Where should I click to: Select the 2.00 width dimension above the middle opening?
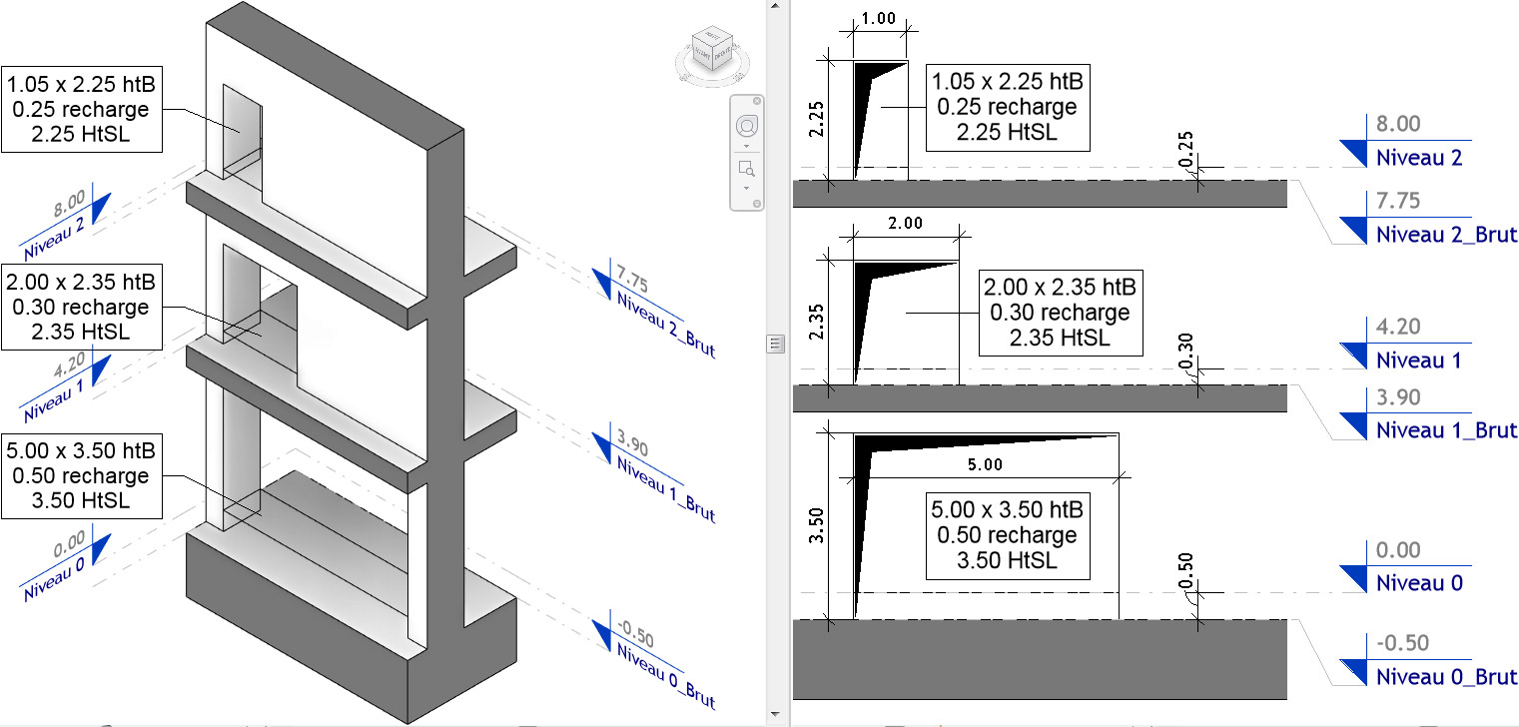click(x=905, y=223)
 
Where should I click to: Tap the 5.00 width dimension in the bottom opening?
click(x=985, y=464)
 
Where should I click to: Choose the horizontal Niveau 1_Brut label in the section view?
click(x=1445, y=430)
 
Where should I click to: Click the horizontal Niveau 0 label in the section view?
click(x=1419, y=583)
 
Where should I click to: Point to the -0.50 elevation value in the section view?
click(x=1402, y=642)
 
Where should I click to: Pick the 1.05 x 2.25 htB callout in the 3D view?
click(x=81, y=110)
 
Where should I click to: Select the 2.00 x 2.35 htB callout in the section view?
click(x=1059, y=314)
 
